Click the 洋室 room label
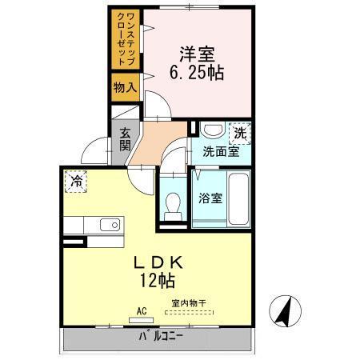[x=196, y=55]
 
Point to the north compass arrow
[x=282, y=310]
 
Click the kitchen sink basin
[x=111, y=225]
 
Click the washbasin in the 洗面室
[x=212, y=130]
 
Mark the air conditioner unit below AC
[x=141, y=320]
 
